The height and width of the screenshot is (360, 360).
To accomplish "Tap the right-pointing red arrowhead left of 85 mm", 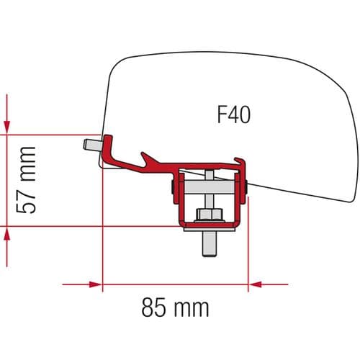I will (94, 284).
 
